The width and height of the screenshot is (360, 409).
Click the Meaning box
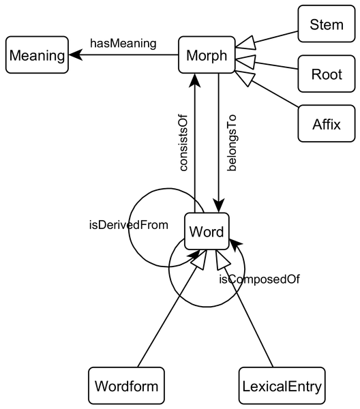(x=37, y=56)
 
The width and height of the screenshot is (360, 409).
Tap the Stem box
(x=327, y=26)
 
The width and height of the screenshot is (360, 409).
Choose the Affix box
(x=327, y=124)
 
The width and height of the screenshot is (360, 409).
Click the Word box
(x=206, y=232)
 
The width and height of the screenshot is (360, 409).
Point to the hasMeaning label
(x=123, y=44)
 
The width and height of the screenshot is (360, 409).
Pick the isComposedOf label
(x=260, y=279)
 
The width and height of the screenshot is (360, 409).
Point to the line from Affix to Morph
(x=273, y=93)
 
